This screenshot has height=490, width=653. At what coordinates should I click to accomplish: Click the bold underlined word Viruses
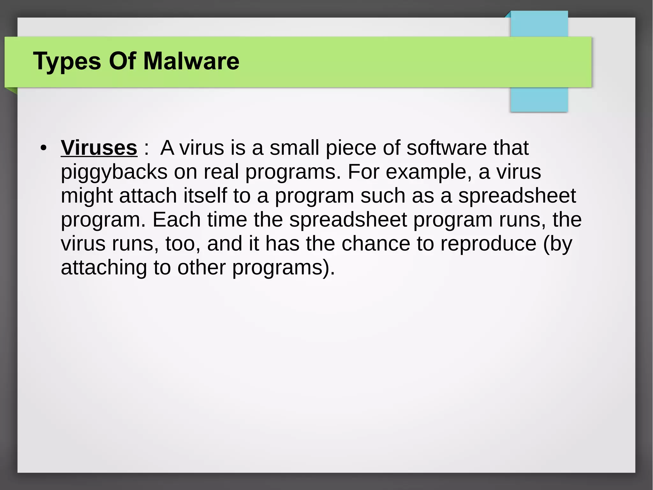(99, 148)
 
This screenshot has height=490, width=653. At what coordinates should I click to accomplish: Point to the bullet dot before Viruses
(43, 148)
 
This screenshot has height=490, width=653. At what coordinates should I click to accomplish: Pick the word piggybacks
(114, 172)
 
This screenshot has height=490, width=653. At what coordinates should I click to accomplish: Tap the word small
(294, 148)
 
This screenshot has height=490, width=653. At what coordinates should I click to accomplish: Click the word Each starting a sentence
(176, 220)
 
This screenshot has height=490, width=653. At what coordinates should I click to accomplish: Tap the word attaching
(104, 268)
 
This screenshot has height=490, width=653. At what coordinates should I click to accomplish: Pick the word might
(86, 196)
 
